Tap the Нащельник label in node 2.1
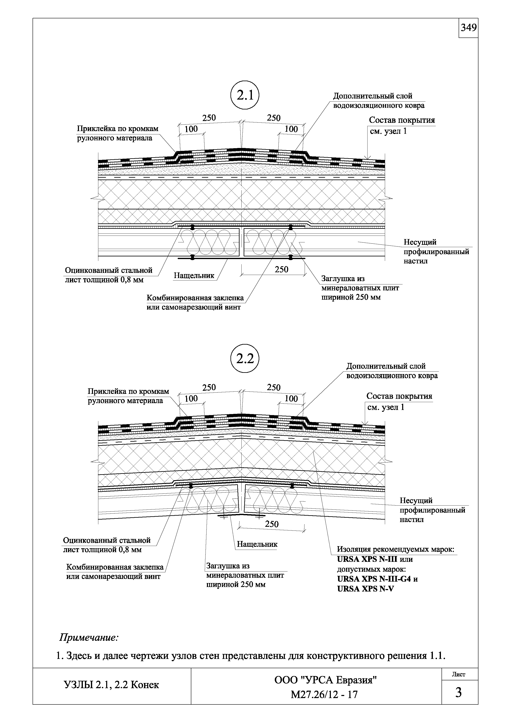(x=194, y=276)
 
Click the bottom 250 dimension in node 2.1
(x=282, y=270)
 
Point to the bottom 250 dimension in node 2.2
(x=272, y=524)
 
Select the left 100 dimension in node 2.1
(x=191, y=129)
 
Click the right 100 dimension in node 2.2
(x=291, y=399)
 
